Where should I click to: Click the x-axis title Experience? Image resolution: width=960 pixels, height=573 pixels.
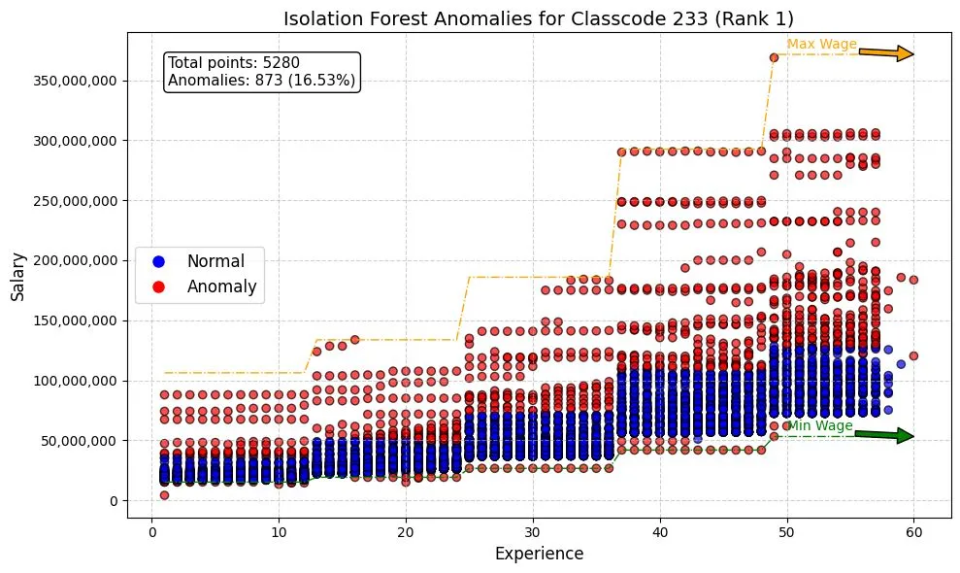539,554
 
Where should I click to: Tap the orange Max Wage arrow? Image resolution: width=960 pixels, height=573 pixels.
886,53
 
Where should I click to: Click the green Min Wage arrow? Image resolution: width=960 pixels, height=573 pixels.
886,435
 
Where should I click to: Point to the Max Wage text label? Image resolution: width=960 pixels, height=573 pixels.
821,45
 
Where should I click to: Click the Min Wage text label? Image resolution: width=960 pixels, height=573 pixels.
819,426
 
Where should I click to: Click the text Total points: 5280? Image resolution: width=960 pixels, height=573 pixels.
234,63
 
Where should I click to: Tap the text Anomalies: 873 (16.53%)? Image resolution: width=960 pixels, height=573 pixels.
261,81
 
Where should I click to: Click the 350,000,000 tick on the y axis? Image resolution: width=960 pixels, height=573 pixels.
76,81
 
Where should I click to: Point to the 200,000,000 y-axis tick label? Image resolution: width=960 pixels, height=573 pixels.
76,260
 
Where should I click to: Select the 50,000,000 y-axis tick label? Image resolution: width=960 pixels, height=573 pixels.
80,441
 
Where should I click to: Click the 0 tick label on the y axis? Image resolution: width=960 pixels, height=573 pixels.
114,501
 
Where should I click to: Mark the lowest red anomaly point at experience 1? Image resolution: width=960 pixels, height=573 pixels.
164,495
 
